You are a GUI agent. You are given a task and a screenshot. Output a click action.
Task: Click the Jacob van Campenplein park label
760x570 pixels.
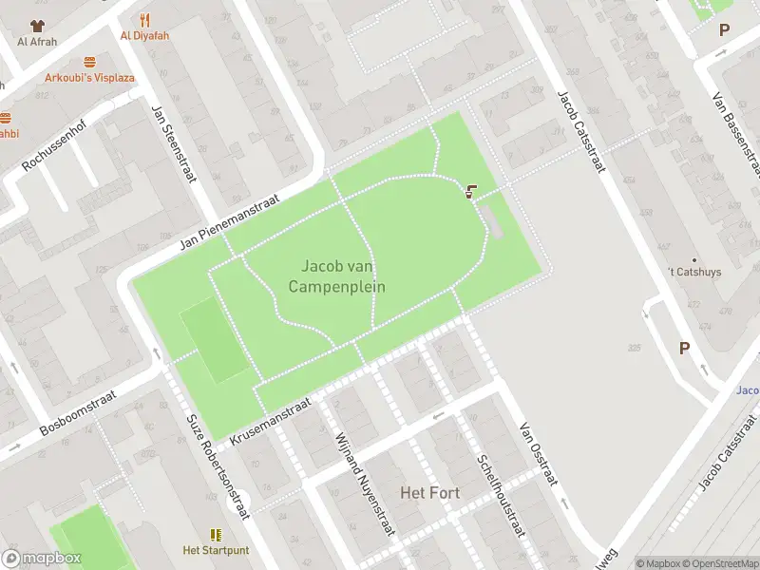coord(343,276)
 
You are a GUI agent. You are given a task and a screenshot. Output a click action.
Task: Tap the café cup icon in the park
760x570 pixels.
coord(471,191)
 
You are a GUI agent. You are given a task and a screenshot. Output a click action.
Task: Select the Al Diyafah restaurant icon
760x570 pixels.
coord(144,19)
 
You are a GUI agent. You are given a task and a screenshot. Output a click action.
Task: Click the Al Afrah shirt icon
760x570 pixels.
coord(37,26)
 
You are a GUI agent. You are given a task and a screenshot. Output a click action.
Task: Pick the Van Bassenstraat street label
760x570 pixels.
coord(737,134)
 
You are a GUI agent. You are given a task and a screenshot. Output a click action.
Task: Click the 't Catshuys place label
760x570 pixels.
coord(693,272)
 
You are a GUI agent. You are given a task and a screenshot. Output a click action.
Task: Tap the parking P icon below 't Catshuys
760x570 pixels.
coord(684,349)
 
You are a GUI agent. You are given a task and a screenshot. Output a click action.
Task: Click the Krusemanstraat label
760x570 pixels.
coord(271,423)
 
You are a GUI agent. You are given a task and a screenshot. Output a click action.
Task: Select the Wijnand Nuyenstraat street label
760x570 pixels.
coord(365,484)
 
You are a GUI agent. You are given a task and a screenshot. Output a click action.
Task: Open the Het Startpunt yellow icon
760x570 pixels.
coord(216,535)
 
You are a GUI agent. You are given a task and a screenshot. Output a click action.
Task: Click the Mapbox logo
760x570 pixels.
coord(42,559)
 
